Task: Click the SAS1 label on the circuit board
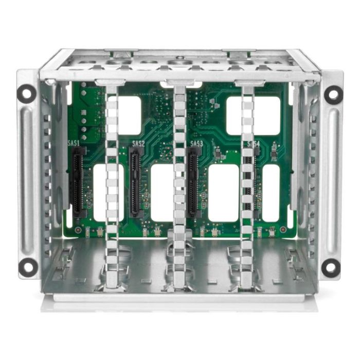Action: pyautogui.click(x=74, y=143)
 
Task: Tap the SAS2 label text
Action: pyautogui.click(x=138, y=143)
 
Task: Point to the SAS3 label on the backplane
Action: pyautogui.click(x=196, y=143)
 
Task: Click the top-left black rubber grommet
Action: pyautogui.click(x=27, y=93)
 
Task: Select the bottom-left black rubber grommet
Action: pyautogui.click(x=27, y=266)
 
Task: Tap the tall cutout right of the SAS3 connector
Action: pyautogui.click(x=223, y=192)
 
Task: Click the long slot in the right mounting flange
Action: pyautogui.click(x=332, y=180)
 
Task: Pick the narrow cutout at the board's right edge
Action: pyautogui.click(x=271, y=192)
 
